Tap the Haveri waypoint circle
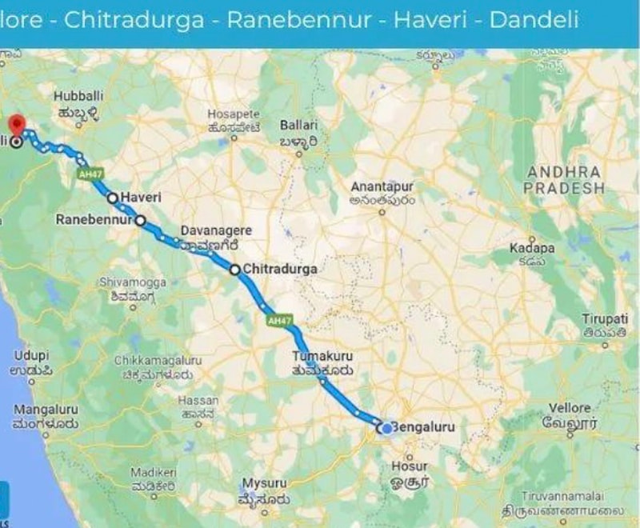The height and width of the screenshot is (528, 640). tap(113, 198)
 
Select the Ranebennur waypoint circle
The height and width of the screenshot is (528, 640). tap(140, 219)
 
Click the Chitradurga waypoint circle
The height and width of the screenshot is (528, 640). tap(235, 270)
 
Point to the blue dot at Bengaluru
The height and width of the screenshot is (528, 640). tap(386, 428)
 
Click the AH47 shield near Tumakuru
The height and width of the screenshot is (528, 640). tap(278, 320)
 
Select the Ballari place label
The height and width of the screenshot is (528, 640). tap(299, 126)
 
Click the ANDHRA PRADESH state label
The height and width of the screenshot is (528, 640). tap(565, 180)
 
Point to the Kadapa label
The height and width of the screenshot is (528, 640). tap(532, 249)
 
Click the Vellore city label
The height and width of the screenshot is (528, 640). tap(569, 408)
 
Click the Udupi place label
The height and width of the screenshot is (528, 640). tap(31, 354)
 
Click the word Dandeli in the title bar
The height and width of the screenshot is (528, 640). tap(534, 20)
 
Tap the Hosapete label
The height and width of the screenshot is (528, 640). tap(234, 114)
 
